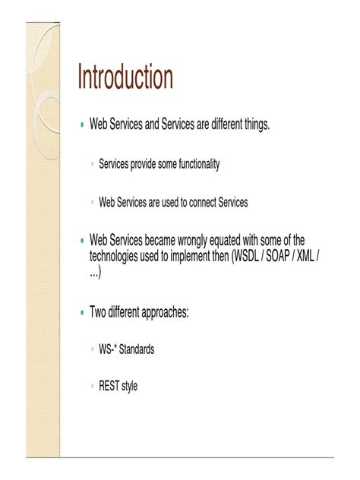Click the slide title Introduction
(x=125, y=77)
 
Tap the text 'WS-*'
(x=108, y=349)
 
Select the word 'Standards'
(x=137, y=349)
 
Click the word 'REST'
(x=109, y=386)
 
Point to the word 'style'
(x=130, y=387)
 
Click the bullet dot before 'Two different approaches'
(x=82, y=313)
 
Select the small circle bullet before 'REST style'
(x=92, y=387)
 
